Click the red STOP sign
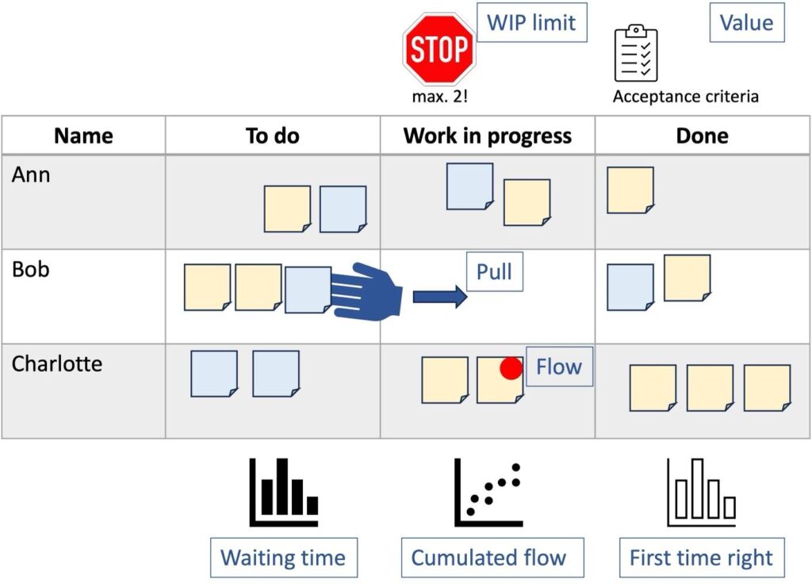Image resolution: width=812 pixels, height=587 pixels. tap(439, 49)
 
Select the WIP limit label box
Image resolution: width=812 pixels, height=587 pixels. tap(531, 23)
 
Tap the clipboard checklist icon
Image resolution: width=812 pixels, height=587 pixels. tap(636, 53)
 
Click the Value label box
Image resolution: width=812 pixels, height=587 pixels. tap(746, 23)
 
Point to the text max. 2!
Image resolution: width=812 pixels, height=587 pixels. tap(439, 97)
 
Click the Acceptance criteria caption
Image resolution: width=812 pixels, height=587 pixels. tap(685, 97)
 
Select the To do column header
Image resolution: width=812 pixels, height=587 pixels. tap(273, 136)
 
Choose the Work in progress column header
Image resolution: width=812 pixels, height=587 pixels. tap(487, 136)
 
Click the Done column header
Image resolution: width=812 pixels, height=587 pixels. tap(702, 136)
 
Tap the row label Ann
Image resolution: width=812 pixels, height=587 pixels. tap(31, 175)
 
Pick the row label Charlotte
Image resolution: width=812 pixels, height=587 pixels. tap(57, 364)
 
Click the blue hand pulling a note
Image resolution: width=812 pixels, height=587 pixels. tap(366, 291)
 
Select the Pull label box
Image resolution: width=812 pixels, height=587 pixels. tap(494, 273)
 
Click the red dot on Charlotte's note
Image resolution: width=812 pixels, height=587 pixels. tap(511, 368)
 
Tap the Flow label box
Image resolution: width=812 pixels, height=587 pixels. tap(559, 367)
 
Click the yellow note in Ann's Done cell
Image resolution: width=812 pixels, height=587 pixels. tap(630, 190)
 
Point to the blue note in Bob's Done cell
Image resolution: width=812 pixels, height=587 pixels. tap(630, 287)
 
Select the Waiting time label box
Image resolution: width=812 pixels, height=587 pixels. tap(283, 558)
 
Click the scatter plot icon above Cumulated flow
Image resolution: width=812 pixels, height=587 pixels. tap(488, 493)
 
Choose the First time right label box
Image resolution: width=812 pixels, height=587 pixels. tap(701, 558)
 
